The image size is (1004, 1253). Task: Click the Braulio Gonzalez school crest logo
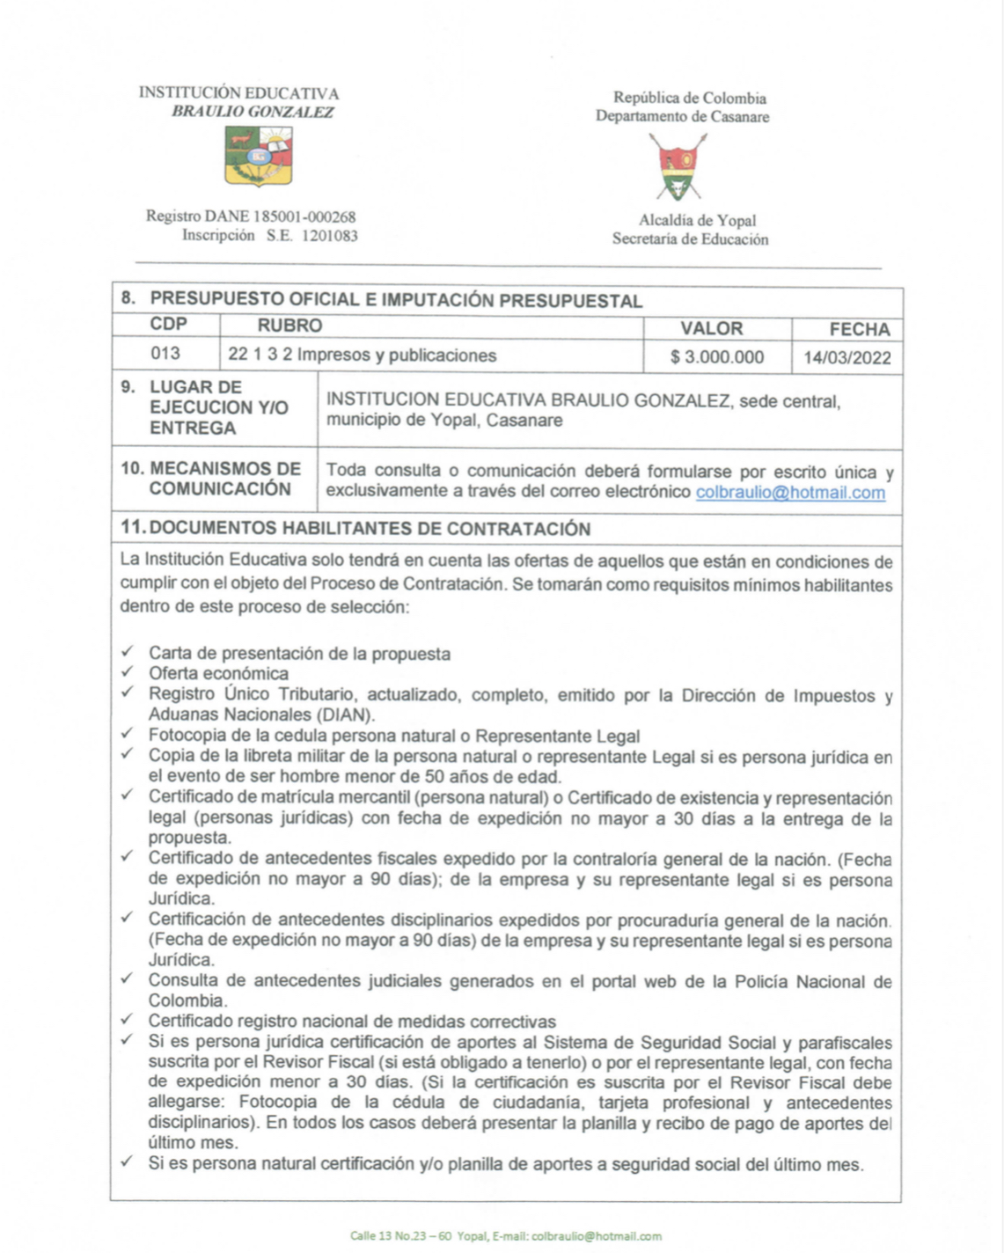[x=258, y=156]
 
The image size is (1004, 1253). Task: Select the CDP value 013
[x=165, y=354]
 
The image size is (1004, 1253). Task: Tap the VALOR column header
[x=711, y=328]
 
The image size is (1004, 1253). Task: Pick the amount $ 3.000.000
[x=716, y=357]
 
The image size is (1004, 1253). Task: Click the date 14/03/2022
[x=846, y=358]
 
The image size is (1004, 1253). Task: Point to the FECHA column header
[x=859, y=329]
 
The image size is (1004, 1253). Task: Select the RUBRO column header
[x=289, y=326]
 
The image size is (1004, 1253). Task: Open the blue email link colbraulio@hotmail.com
[x=790, y=493]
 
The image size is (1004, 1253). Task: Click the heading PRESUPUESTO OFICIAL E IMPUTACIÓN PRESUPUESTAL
[x=396, y=299]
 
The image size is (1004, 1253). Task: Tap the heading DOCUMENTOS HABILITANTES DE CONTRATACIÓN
[x=369, y=529]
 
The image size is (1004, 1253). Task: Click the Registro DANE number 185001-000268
[x=304, y=216]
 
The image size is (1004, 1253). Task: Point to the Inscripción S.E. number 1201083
[x=329, y=236]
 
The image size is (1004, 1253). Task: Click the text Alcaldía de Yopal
[x=697, y=220]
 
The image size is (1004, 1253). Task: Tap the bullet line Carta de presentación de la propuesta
[x=299, y=654]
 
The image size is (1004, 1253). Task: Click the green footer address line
[x=505, y=1236]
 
